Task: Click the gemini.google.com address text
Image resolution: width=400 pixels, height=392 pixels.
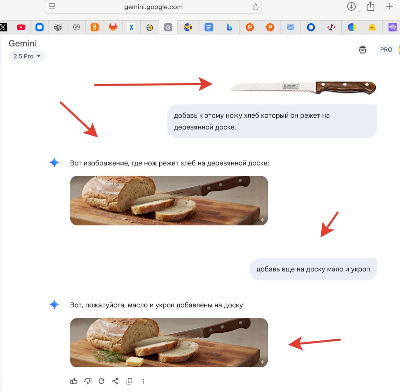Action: tap(153, 7)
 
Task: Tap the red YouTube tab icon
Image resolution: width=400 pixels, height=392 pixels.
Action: tap(21, 27)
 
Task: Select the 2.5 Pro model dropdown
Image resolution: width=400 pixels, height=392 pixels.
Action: tap(27, 56)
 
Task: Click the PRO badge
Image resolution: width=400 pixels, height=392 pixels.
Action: tap(386, 50)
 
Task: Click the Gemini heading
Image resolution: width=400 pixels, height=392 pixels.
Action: tap(23, 44)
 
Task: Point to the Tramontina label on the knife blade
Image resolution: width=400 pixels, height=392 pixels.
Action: tap(291, 86)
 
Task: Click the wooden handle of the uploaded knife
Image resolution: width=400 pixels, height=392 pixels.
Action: tap(346, 87)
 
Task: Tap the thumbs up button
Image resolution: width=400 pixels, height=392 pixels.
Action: tap(74, 381)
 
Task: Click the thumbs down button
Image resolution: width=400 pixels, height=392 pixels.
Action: tap(88, 381)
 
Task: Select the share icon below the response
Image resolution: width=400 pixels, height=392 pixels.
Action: tap(115, 381)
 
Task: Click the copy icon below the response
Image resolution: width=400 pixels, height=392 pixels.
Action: tap(129, 381)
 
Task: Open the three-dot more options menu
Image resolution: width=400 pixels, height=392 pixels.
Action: tap(143, 381)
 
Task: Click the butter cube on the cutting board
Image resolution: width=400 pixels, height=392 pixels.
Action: tap(135, 361)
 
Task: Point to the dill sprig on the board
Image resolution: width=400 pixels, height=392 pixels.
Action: tap(108, 356)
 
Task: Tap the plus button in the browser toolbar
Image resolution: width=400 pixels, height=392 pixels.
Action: tap(389, 6)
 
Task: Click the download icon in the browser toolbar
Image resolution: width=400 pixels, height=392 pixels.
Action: tap(351, 6)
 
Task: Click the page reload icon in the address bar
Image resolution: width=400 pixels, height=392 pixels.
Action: tap(255, 7)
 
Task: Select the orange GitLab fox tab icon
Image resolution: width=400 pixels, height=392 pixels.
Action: tap(113, 27)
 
